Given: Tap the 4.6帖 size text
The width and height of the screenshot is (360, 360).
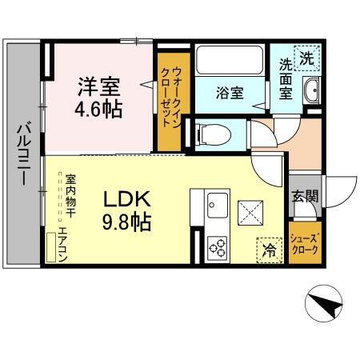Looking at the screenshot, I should tap(99, 108).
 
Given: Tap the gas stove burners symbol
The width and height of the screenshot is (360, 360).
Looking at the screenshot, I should tap(216, 248).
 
